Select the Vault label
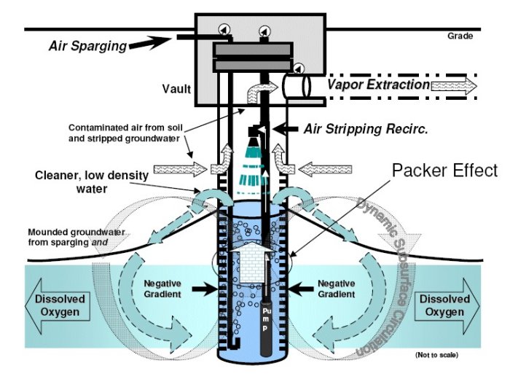pos(176,90)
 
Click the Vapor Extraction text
pos(377,85)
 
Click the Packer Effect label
pos(444,171)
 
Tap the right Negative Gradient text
pos(337,289)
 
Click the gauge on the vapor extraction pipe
pos(299,70)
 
